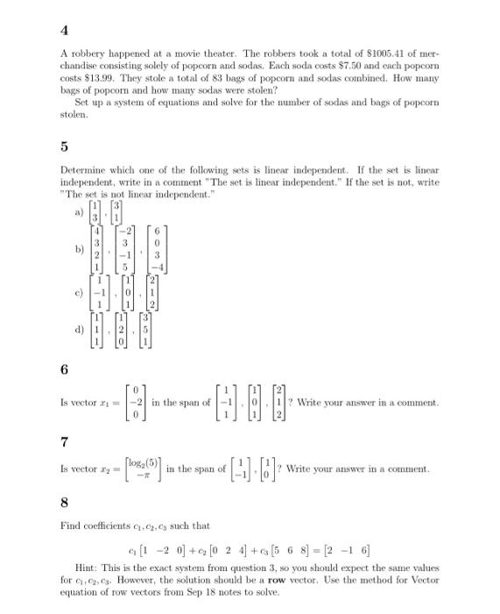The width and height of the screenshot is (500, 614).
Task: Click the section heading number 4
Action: pos(65,30)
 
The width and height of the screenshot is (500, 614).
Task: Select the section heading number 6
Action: pos(65,371)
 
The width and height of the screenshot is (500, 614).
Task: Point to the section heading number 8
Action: pos(65,504)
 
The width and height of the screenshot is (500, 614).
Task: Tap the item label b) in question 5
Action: pos(81,250)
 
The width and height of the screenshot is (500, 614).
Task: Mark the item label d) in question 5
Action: pos(81,330)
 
